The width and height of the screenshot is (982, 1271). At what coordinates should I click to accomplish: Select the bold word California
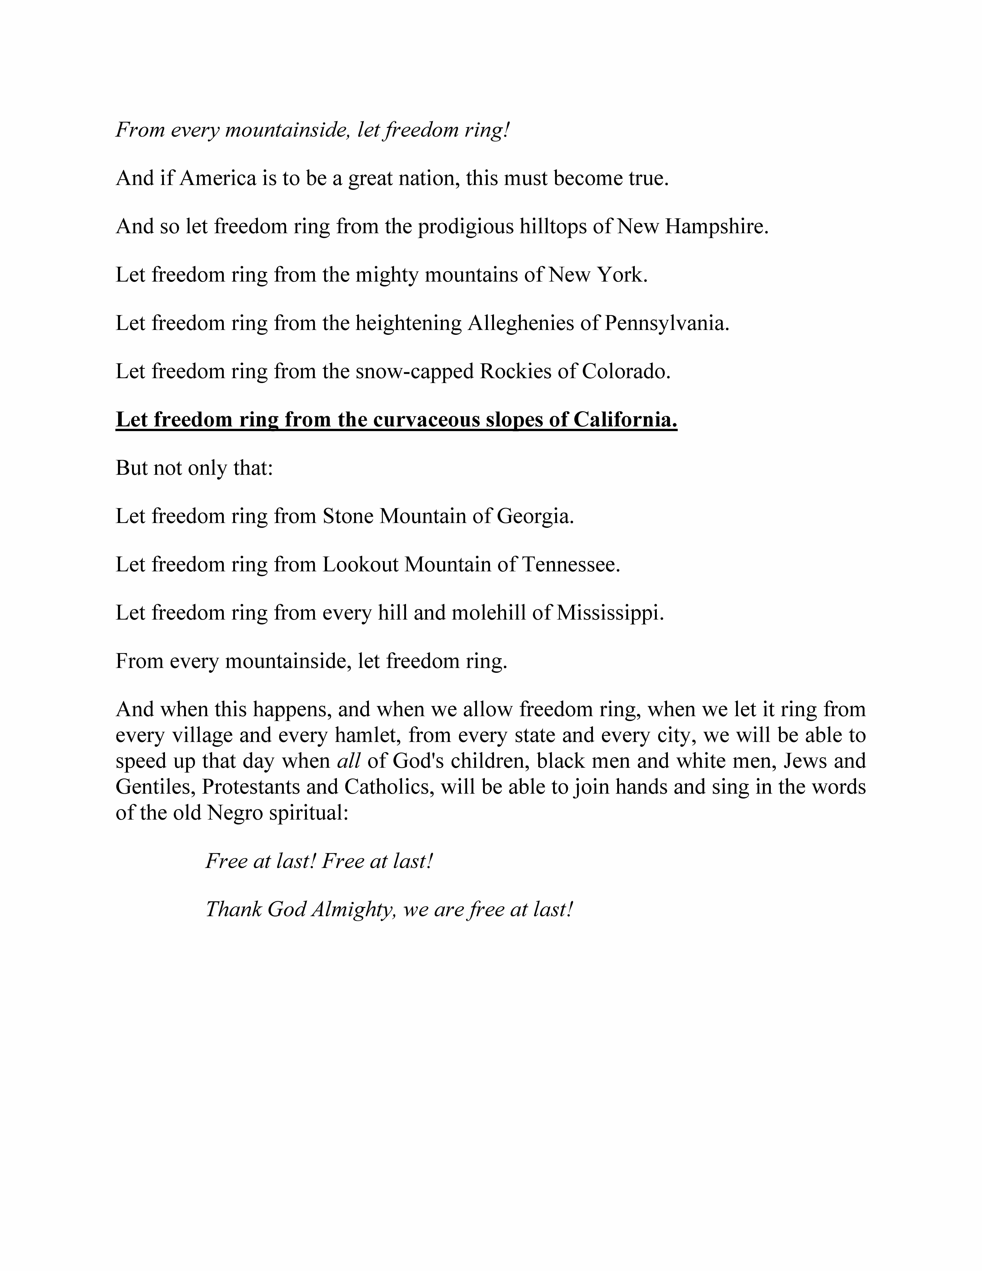click(x=625, y=420)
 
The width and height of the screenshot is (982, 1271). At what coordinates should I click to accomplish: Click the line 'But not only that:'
click(x=194, y=468)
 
